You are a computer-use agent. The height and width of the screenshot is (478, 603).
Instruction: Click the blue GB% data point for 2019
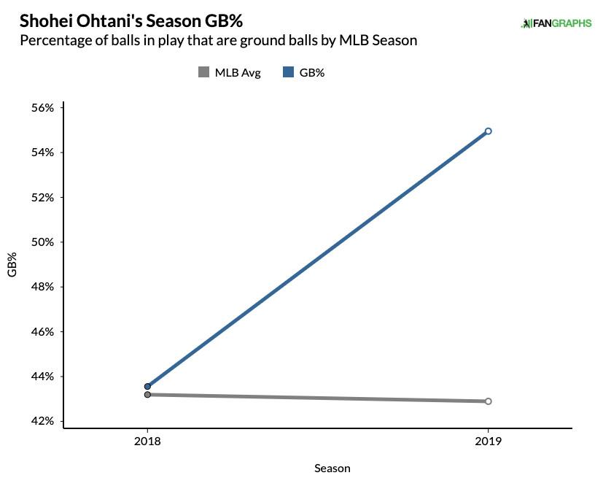point(488,131)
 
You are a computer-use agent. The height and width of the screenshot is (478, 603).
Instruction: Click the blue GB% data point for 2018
point(147,387)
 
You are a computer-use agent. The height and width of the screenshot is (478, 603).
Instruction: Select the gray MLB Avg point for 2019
point(488,401)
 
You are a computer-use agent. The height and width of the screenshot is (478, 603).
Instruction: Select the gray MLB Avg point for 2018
point(147,395)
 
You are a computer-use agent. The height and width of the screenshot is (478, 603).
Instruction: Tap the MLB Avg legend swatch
point(203,72)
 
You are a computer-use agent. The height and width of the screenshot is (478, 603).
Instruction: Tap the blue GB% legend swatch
point(287,72)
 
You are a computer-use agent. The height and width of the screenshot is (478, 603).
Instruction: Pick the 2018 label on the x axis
point(147,442)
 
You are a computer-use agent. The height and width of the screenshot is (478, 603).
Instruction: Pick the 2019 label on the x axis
point(488,442)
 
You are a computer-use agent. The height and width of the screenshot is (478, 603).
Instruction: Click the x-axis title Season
point(332,468)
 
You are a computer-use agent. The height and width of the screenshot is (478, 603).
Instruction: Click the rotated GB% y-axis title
point(12,264)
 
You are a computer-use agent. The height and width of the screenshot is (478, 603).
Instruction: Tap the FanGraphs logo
point(557,23)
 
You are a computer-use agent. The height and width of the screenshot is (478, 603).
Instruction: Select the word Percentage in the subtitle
point(55,40)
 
